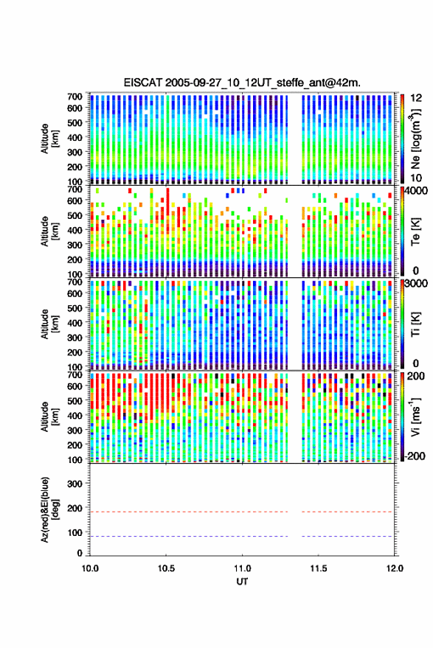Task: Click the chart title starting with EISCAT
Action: click(242, 83)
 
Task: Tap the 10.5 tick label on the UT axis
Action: click(166, 568)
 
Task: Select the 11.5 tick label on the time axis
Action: click(318, 568)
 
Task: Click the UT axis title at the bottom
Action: click(242, 582)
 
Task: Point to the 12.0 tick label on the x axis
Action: click(395, 568)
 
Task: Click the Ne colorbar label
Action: click(415, 139)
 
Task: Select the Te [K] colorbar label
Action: click(415, 231)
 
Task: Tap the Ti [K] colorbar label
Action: click(415, 324)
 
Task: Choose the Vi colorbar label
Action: click(415, 417)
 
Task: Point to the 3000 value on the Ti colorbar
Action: click(417, 284)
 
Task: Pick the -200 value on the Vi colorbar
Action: click(415, 456)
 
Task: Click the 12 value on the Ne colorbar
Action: click(417, 98)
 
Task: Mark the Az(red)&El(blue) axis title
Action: click(49, 509)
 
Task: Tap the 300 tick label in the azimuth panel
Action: click(75, 484)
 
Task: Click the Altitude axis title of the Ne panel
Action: click(49, 139)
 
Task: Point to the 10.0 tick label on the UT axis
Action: click(90, 568)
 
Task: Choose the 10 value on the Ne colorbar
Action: click(417, 178)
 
